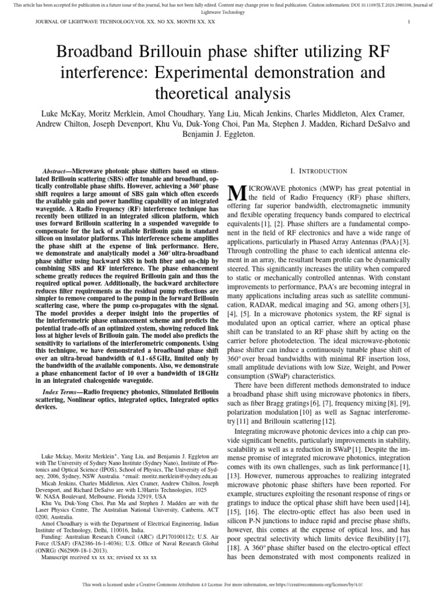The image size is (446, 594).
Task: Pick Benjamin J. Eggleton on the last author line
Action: click(222, 135)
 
